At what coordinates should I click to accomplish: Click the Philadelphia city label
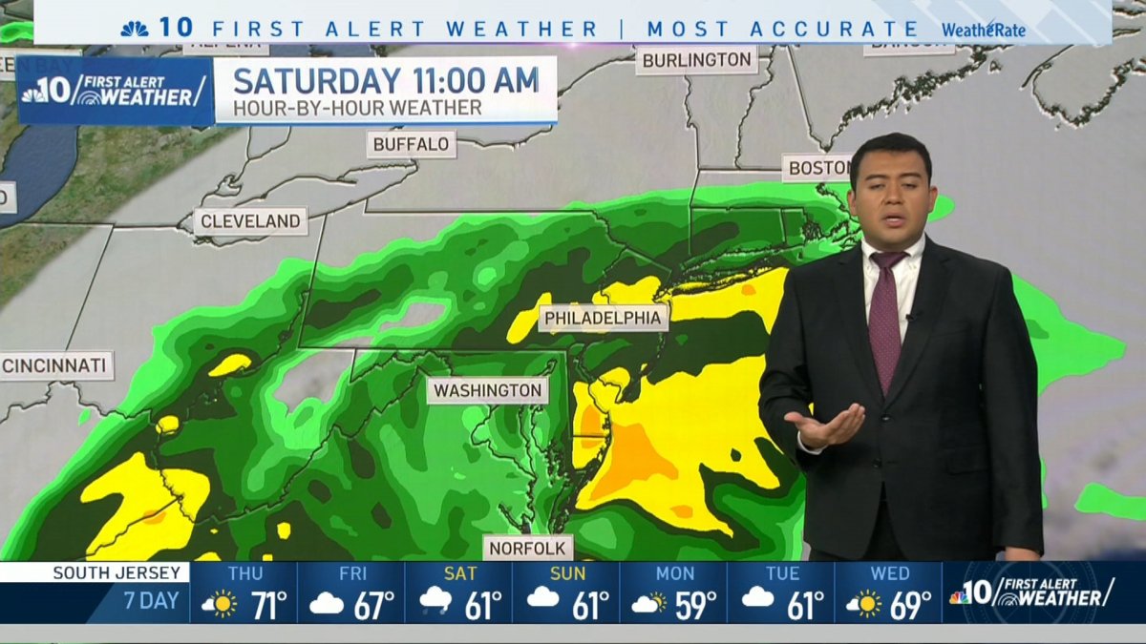pyautogui.click(x=603, y=318)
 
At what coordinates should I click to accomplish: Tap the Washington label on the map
pyautogui.click(x=487, y=390)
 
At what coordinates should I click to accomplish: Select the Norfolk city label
pyautogui.click(x=528, y=549)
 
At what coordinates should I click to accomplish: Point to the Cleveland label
pyautogui.click(x=251, y=221)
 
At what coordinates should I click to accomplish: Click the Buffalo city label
pyautogui.click(x=411, y=145)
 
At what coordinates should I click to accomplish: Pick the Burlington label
pyautogui.click(x=696, y=60)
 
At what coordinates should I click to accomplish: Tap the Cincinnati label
pyautogui.click(x=56, y=365)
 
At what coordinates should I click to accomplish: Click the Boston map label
pyautogui.click(x=817, y=168)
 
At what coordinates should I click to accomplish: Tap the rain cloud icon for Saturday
pyautogui.click(x=435, y=603)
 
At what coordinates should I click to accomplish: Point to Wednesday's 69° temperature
pyautogui.click(x=909, y=606)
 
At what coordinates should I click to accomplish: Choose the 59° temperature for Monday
pyautogui.click(x=694, y=606)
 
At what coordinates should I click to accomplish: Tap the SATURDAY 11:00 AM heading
pyautogui.click(x=387, y=79)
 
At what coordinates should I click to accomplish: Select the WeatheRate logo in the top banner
pyautogui.click(x=984, y=30)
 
